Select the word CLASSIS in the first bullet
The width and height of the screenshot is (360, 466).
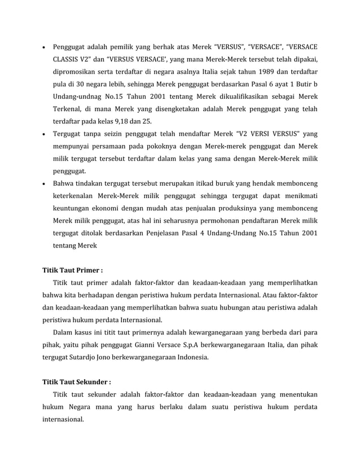67,59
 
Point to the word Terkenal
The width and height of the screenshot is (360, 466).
68,111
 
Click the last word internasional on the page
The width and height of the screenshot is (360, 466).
63,420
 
